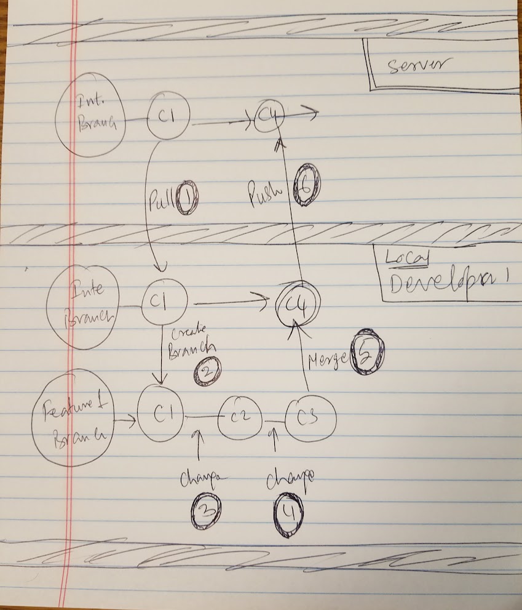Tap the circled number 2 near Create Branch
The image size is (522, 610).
[207, 371]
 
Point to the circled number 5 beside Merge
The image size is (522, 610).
[367, 354]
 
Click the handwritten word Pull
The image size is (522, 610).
[161, 201]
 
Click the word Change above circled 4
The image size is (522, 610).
[290, 477]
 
